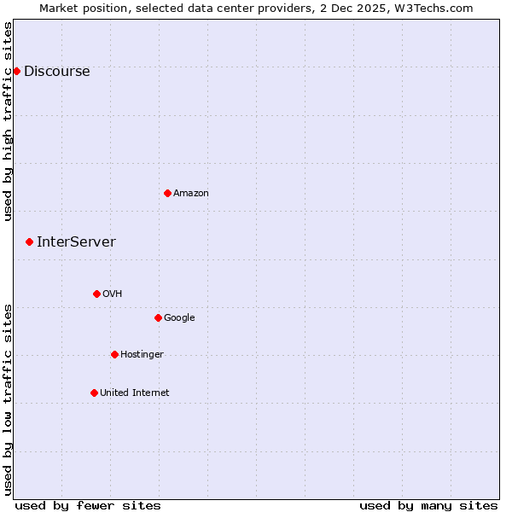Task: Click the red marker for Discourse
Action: coord(16,71)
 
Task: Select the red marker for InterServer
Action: coord(29,242)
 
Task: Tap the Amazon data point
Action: coord(167,193)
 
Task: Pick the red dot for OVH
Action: coord(96,294)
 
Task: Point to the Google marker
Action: coord(158,317)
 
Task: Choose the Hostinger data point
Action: coord(114,354)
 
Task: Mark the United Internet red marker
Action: coord(94,393)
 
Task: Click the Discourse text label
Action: coord(56,72)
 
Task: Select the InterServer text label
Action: coord(76,242)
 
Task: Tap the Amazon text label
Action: coord(191,194)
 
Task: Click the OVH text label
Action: coord(113,294)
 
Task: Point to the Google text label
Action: coord(179,318)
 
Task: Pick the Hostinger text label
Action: coord(142,355)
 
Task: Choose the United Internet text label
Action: coord(135,393)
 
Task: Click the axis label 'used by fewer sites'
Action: coord(88,506)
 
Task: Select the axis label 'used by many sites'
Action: coord(428,506)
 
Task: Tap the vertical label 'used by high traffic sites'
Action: coord(8,121)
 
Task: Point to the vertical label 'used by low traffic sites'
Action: coord(8,399)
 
